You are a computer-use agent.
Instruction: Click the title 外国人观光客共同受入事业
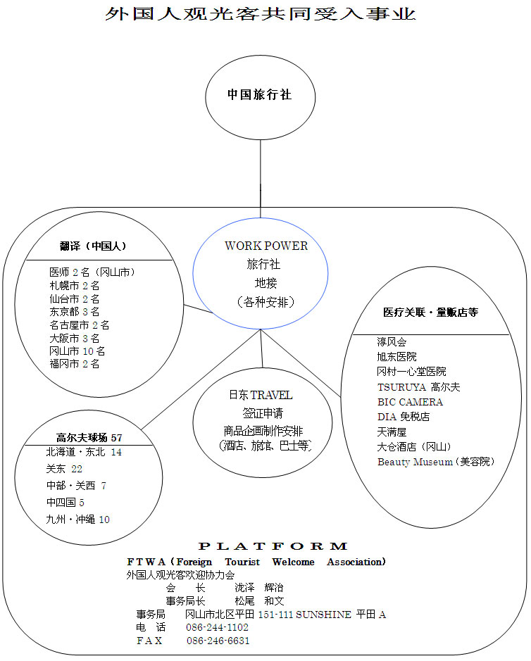point(260,14)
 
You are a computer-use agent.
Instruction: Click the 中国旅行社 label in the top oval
point(259,94)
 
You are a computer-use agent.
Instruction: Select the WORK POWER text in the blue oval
point(266,246)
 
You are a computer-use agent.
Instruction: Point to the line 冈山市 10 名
point(77,351)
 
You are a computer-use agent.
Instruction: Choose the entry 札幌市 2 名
point(75,286)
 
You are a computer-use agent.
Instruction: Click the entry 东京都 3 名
point(75,312)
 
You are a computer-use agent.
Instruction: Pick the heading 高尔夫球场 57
point(89,437)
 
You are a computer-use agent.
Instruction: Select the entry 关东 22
point(65,469)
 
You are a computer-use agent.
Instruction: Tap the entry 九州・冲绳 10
point(78,520)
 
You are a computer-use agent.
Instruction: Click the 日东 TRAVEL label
point(261,395)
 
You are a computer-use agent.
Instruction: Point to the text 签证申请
point(262,413)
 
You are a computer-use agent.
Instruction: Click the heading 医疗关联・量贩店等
point(430,312)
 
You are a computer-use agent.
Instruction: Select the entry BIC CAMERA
point(411,402)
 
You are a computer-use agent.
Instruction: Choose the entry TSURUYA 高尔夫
point(419,386)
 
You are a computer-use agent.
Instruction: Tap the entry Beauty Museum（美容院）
point(436,462)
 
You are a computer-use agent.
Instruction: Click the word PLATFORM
point(273,546)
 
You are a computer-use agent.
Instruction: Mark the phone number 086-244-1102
point(217,627)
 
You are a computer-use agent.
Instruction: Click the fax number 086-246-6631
point(218,641)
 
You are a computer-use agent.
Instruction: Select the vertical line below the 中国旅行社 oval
point(261,176)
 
